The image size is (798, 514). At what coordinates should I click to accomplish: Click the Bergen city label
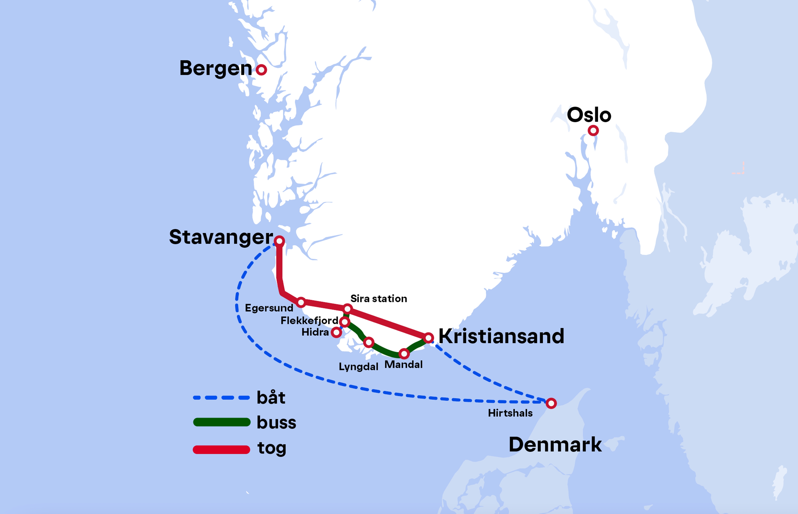[216, 69]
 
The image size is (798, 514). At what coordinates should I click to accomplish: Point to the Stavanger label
[221, 237]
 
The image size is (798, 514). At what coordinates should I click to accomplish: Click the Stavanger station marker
[279, 241]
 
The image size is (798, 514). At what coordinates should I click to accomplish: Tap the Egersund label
[269, 308]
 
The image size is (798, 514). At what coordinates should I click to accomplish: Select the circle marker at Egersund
[301, 302]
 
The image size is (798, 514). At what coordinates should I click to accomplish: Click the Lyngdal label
[358, 367]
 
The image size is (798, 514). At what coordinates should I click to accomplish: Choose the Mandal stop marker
[404, 354]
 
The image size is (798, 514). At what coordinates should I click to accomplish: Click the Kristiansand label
[501, 336]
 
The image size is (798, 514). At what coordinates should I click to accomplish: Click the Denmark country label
[555, 445]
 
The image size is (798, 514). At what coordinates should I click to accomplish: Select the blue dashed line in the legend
[222, 398]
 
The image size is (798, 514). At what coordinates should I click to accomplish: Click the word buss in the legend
[276, 422]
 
